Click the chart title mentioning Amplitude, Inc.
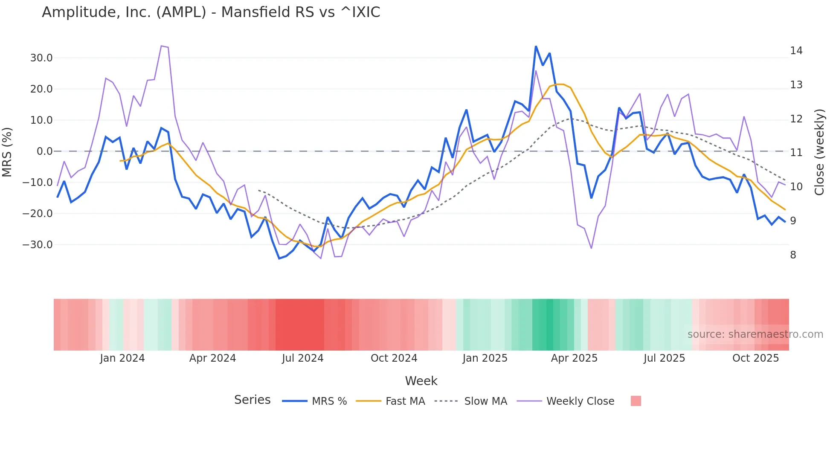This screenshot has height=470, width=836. [211, 12]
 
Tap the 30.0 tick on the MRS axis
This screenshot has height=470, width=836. [41, 58]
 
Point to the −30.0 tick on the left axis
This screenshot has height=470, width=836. [38, 245]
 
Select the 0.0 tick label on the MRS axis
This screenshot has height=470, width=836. [44, 151]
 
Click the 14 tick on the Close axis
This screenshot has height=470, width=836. [796, 51]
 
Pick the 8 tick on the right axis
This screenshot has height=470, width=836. [793, 255]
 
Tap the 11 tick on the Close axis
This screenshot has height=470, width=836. [796, 153]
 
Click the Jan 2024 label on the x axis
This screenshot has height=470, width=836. [122, 358]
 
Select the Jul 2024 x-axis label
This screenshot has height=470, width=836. [302, 358]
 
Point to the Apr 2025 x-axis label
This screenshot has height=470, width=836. [574, 358]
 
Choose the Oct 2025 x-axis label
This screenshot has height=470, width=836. [755, 358]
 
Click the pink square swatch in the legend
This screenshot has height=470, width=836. [636, 401]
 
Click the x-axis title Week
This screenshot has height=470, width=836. [421, 381]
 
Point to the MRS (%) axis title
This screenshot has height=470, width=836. [7, 152]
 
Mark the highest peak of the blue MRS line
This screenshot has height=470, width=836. [536, 46]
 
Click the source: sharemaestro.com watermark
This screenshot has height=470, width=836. [755, 334]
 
